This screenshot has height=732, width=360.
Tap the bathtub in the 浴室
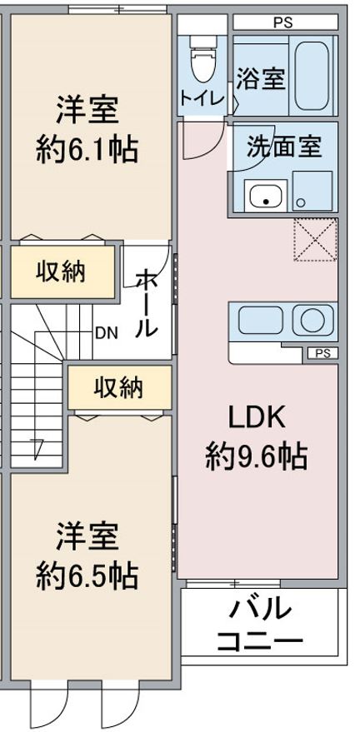click(x=312, y=76)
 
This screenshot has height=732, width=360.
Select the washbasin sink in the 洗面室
click(x=265, y=196)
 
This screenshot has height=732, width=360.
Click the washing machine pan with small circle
click(x=312, y=191)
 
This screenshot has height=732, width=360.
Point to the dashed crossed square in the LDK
click(x=315, y=240)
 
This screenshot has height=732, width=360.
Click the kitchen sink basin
click(x=261, y=321)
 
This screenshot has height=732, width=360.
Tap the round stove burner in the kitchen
click(x=312, y=321)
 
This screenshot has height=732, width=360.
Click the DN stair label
click(x=107, y=333)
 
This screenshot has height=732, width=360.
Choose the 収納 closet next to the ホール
click(x=62, y=271)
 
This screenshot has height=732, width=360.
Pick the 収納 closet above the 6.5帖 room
click(x=119, y=387)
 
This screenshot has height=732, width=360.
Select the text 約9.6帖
click(x=257, y=456)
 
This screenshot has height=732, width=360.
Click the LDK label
click(x=257, y=419)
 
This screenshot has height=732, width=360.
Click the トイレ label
click(x=202, y=98)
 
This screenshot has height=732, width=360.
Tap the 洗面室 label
click(x=284, y=147)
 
